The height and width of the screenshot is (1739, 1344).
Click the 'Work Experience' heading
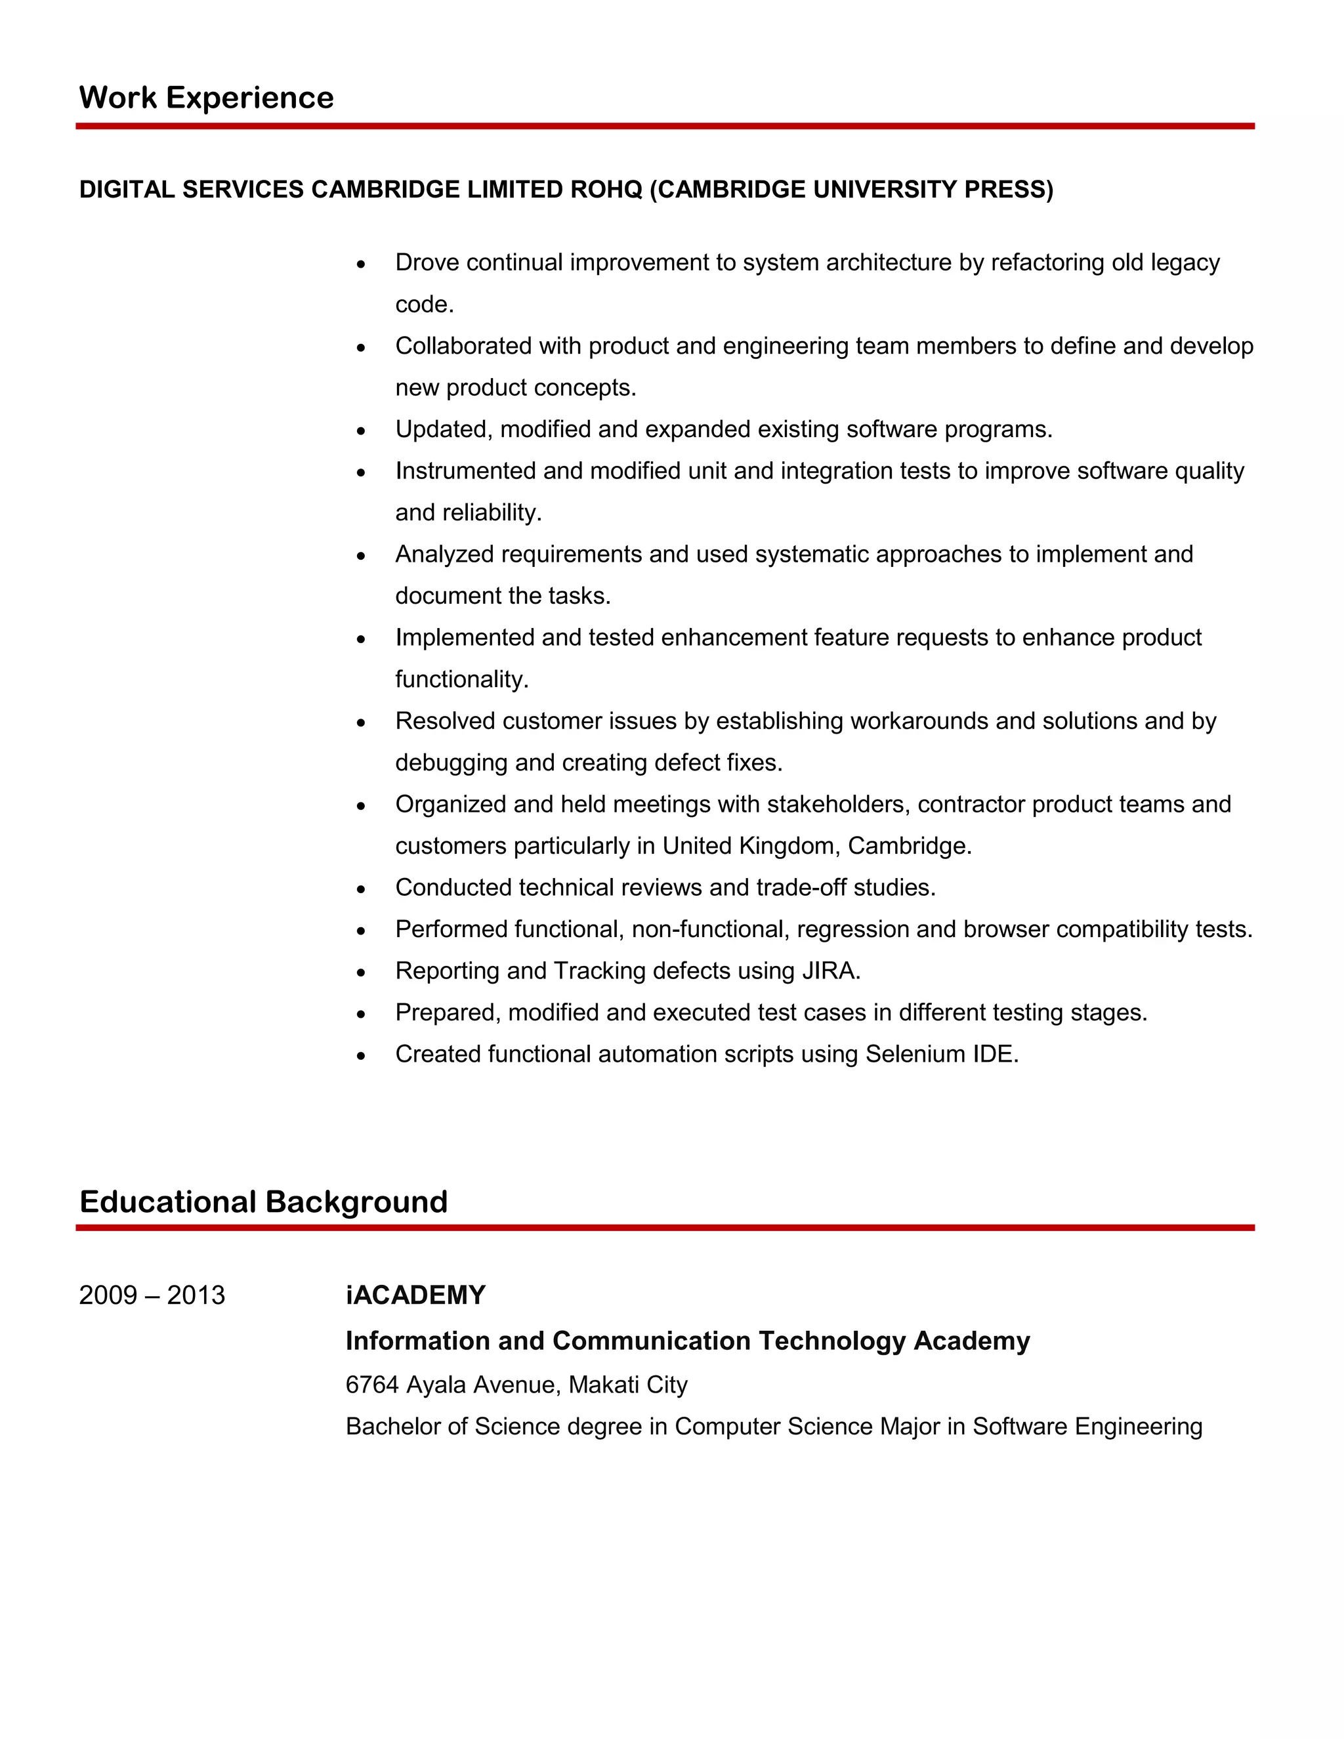click(206, 98)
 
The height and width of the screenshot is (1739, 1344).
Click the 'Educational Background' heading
click(264, 1202)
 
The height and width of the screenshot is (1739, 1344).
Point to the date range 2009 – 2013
click(152, 1295)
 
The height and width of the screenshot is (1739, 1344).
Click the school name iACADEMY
click(415, 1295)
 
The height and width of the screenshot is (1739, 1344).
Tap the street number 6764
click(372, 1385)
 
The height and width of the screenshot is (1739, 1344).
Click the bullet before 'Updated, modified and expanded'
click(362, 430)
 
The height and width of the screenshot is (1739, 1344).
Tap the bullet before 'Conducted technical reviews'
click(362, 889)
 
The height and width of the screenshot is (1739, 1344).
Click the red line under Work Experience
click(665, 126)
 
